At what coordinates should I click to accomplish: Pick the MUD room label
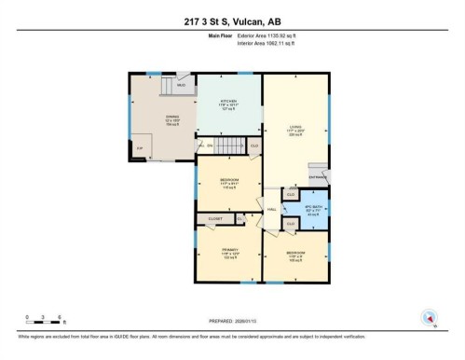[182, 84]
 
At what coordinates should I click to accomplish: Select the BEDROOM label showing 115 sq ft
[229, 181]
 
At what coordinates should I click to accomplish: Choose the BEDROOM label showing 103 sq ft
[295, 253]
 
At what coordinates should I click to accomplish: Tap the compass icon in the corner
[429, 317]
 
